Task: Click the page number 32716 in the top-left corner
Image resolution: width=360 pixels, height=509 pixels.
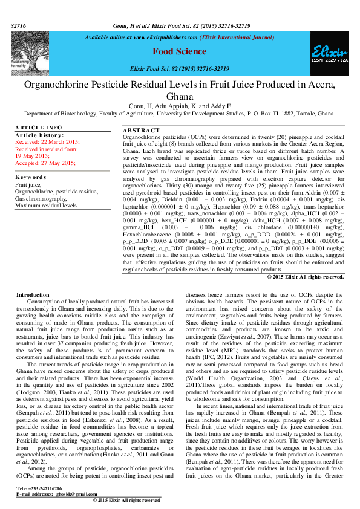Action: [19, 27]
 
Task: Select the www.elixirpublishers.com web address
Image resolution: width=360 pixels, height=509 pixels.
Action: [155, 37]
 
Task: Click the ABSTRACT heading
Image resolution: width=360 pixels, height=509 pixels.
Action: [141, 131]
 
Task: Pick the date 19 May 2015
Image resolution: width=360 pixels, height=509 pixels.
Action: [31, 155]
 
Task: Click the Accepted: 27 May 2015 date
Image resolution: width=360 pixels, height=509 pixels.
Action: [45, 163]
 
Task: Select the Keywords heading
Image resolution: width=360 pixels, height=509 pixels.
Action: [30, 177]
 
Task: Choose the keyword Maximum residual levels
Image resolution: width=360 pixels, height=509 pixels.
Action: [47, 205]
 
